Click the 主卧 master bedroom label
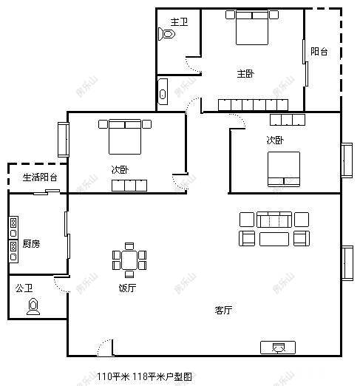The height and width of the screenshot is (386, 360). (245, 74)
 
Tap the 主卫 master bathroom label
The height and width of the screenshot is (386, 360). (178, 21)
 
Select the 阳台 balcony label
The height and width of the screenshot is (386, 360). (319, 52)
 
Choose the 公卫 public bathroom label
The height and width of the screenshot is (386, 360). (24, 288)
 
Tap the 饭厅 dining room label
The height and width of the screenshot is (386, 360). (127, 288)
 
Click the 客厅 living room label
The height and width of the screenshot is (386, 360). (224, 311)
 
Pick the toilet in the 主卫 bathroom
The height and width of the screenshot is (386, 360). (167, 34)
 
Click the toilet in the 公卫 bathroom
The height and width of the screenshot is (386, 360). (33, 306)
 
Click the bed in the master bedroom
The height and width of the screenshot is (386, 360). (251, 30)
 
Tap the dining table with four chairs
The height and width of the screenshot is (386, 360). (129, 260)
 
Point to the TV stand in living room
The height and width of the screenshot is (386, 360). (278, 346)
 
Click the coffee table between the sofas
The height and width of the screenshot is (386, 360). (274, 237)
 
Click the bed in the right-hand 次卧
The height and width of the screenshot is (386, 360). (283, 169)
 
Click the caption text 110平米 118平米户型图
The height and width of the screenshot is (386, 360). (145, 376)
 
